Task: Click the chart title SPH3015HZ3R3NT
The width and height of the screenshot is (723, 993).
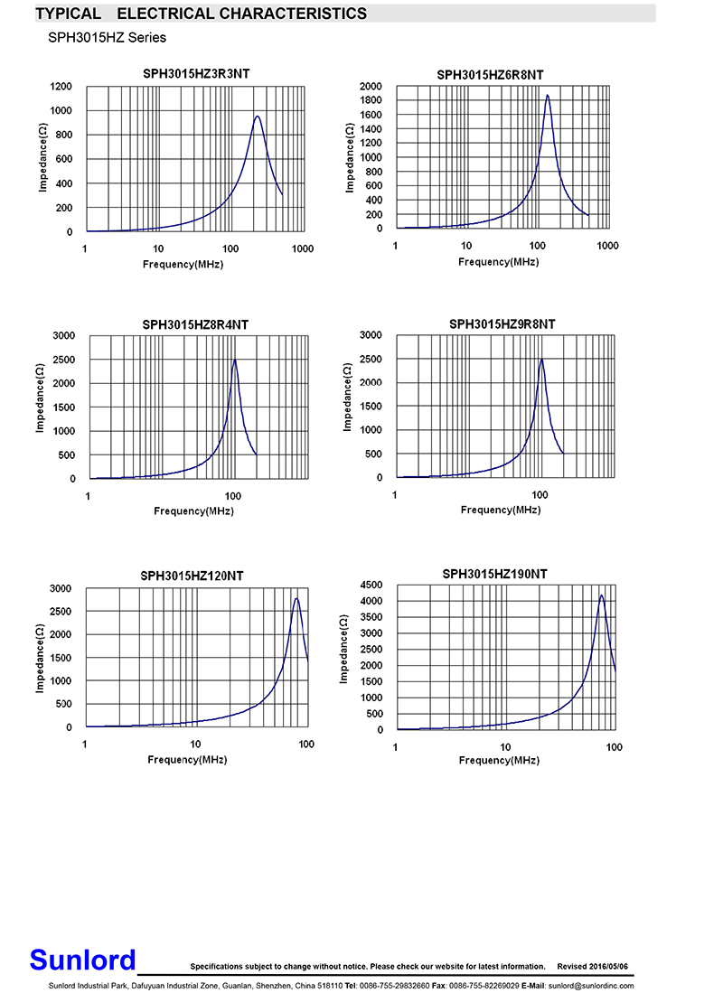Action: click(x=196, y=73)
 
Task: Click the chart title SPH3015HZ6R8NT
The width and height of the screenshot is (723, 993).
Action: click(x=502, y=74)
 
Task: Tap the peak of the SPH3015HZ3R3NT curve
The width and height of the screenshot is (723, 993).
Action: click(x=258, y=116)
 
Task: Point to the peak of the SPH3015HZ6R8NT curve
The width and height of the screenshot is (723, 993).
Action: click(x=547, y=95)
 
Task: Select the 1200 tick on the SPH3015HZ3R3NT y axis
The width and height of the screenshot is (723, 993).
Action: click(x=61, y=87)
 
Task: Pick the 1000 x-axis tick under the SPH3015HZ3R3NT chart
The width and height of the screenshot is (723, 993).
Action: click(x=302, y=248)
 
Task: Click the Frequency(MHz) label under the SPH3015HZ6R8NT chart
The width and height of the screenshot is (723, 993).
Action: click(x=498, y=262)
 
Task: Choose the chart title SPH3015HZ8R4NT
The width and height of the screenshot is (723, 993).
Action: click(x=194, y=324)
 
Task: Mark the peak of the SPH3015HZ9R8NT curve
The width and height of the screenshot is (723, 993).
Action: click(x=541, y=360)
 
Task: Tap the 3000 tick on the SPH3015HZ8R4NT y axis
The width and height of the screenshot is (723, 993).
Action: click(x=63, y=335)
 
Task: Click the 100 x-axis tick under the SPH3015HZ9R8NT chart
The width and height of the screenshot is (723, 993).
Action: click(x=540, y=495)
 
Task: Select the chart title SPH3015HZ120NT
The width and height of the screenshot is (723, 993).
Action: click(x=192, y=576)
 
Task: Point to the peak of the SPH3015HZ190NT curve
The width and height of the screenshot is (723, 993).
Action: click(x=602, y=595)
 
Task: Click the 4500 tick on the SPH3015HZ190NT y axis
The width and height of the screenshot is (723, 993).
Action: click(x=371, y=585)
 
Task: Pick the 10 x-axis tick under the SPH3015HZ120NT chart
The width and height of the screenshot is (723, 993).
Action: click(x=195, y=744)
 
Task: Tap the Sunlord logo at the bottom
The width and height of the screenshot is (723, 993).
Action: click(x=82, y=960)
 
